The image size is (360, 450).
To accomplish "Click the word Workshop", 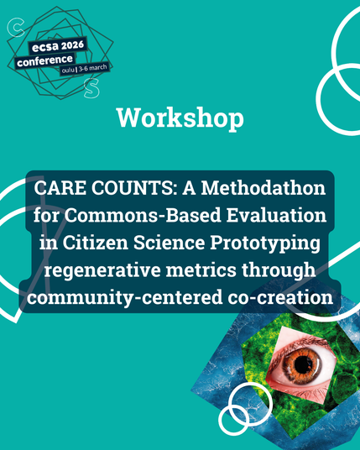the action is [x=180, y=118].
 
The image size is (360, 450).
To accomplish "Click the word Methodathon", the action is [x=263, y=188].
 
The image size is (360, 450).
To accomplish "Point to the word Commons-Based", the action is [x=143, y=216].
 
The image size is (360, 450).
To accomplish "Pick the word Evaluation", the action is [x=276, y=216].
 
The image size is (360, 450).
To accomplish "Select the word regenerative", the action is [x=102, y=271].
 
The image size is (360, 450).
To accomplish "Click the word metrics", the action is [x=201, y=270].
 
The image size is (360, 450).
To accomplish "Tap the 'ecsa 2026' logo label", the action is [x=58, y=46].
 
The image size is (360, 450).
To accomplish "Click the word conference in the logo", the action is [x=44, y=60].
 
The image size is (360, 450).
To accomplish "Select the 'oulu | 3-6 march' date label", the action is [x=84, y=69].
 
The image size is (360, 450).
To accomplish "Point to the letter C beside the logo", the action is [x=15, y=28].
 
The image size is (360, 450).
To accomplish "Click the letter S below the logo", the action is [x=91, y=88].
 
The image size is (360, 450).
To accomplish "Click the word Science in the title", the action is [x=170, y=243].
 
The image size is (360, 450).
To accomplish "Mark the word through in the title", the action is [x=279, y=271].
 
